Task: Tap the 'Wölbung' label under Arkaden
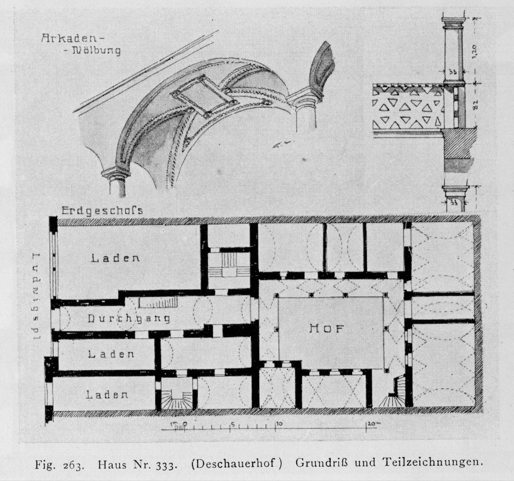(95, 50)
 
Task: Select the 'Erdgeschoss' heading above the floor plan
(102, 211)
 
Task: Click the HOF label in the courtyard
(326, 328)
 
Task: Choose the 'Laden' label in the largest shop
(115, 258)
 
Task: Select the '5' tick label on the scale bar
(232, 423)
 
